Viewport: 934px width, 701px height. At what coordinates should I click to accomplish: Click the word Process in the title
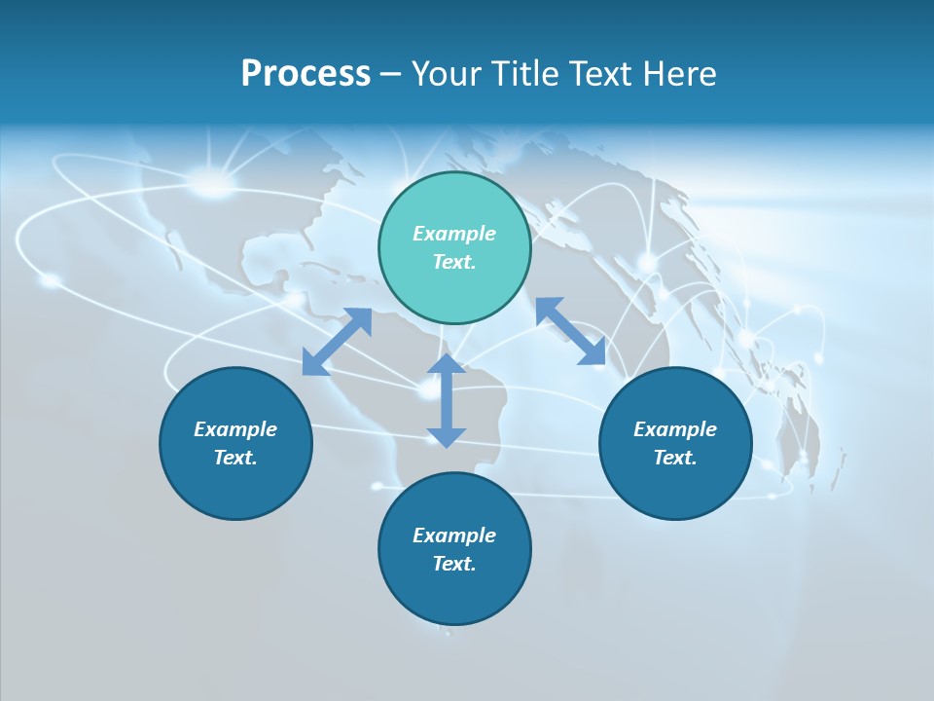click(x=305, y=74)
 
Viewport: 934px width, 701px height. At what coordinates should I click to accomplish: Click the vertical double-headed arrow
click(x=447, y=400)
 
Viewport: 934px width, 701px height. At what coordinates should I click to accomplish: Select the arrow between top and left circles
click(x=337, y=342)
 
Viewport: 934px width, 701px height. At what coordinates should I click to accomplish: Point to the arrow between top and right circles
click(x=570, y=331)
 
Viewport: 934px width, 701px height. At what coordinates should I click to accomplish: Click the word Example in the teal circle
click(x=454, y=234)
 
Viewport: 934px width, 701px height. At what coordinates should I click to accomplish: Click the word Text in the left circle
click(x=235, y=458)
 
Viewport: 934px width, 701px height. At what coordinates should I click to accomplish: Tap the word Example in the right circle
click(x=675, y=429)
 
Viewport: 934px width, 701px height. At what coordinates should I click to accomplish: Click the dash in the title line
click(x=390, y=74)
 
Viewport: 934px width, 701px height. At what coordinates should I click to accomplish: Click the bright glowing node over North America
click(x=212, y=181)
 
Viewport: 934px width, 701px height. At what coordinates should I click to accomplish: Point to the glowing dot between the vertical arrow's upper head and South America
click(x=429, y=391)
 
